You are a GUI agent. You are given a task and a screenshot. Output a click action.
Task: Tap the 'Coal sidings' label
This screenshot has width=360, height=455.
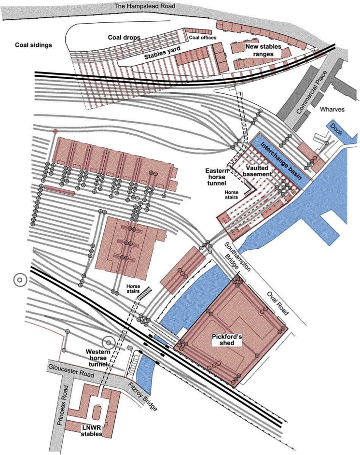tap(33, 45)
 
